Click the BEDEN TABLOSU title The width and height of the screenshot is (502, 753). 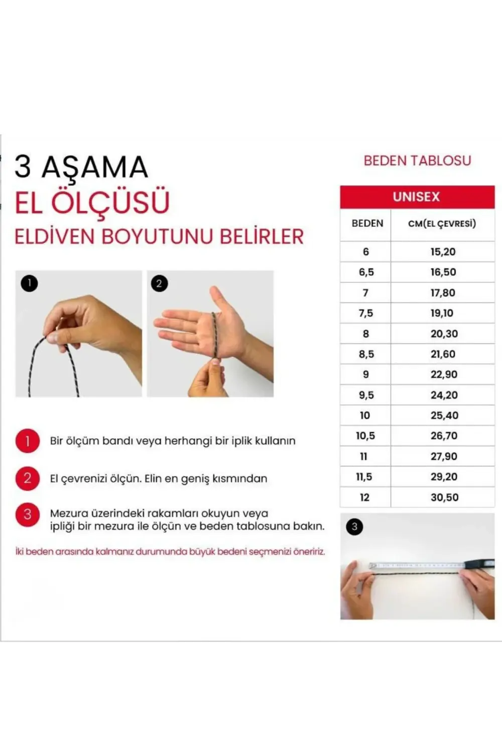(x=417, y=161)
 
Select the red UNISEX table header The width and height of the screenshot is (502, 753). (x=417, y=197)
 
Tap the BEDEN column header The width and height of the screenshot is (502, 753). (x=367, y=223)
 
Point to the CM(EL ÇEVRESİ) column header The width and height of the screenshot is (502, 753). (x=442, y=224)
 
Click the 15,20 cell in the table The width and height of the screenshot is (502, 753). (x=443, y=252)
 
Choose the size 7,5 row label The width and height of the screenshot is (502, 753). (x=365, y=313)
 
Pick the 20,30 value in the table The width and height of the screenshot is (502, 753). (x=444, y=334)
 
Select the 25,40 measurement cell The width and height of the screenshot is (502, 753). (x=444, y=416)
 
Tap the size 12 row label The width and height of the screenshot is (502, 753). (x=364, y=497)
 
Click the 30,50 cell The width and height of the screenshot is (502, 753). (x=444, y=497)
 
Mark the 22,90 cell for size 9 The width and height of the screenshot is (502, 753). (x=444, y=374)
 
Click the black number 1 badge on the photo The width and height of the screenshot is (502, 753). (x=29, y=284)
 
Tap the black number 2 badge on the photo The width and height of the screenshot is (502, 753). (x=160, y=284)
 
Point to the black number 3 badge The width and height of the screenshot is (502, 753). (x=354, y=527)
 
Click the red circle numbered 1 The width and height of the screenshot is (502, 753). (x=27, y=441)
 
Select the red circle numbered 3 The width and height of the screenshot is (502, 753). (x=27, y=515)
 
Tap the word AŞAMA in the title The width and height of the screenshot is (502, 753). (x=94, y=167)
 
